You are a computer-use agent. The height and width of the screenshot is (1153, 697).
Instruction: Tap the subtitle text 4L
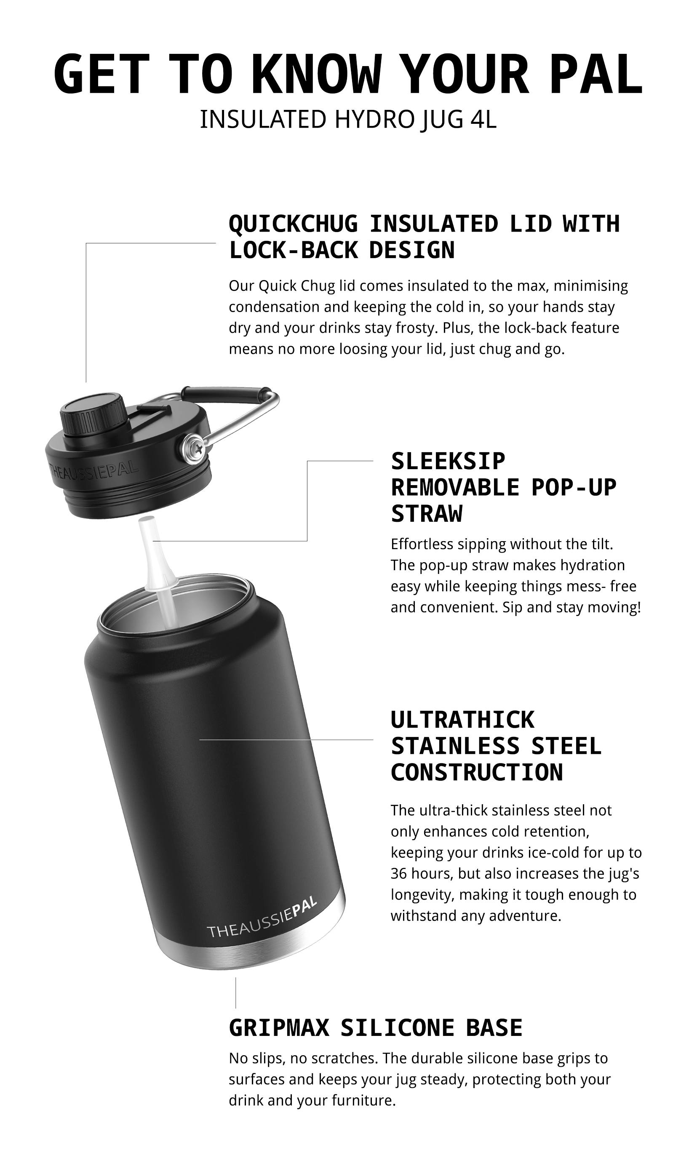483,119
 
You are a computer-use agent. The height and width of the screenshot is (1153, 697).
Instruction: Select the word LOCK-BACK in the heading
293,250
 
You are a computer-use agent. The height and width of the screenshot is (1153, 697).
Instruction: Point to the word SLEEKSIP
448,462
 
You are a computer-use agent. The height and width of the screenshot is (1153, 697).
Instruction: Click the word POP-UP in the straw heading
574,488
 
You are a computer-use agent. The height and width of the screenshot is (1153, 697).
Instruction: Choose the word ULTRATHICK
462,720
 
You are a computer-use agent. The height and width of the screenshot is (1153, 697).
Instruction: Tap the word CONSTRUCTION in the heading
477,772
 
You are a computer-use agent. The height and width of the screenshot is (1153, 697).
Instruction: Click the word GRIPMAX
279,1028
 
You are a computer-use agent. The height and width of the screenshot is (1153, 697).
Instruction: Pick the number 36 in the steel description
399,874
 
